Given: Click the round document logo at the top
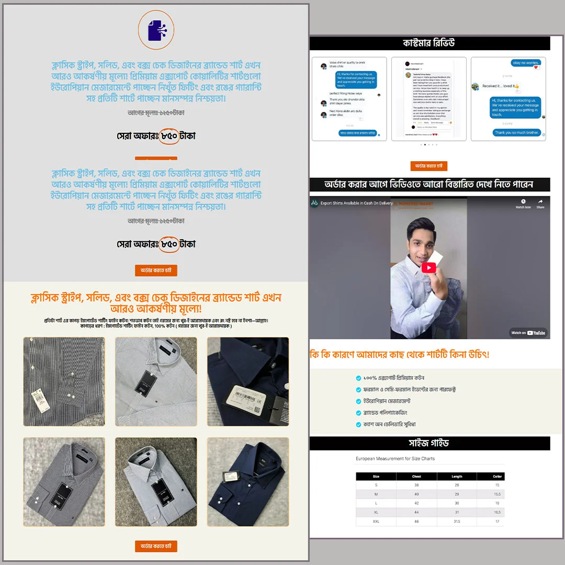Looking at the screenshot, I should [x=156, y=30].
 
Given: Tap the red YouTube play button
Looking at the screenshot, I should [x=429, y=268].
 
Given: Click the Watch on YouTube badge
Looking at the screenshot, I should [x=528, y=333].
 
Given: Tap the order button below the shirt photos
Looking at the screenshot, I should [x=156, y=546].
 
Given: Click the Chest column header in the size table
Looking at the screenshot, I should [x=416, y=477].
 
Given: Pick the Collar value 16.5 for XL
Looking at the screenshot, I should [x=497, y=512].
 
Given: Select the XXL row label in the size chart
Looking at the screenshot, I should [x=376, y=522].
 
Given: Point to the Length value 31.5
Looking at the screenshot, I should [x=457, y=522].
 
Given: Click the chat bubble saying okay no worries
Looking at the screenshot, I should [x=525, y=63].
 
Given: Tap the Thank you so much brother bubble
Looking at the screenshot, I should [x=517, y=133].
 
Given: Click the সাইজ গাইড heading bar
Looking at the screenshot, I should [x=430, y=443].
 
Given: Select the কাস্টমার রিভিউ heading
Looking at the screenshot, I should [x=430, y=43].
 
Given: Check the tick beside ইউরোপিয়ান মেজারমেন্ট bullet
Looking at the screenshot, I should [x=358, y=401].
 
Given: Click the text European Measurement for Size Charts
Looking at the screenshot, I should [x=395, y=459].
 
